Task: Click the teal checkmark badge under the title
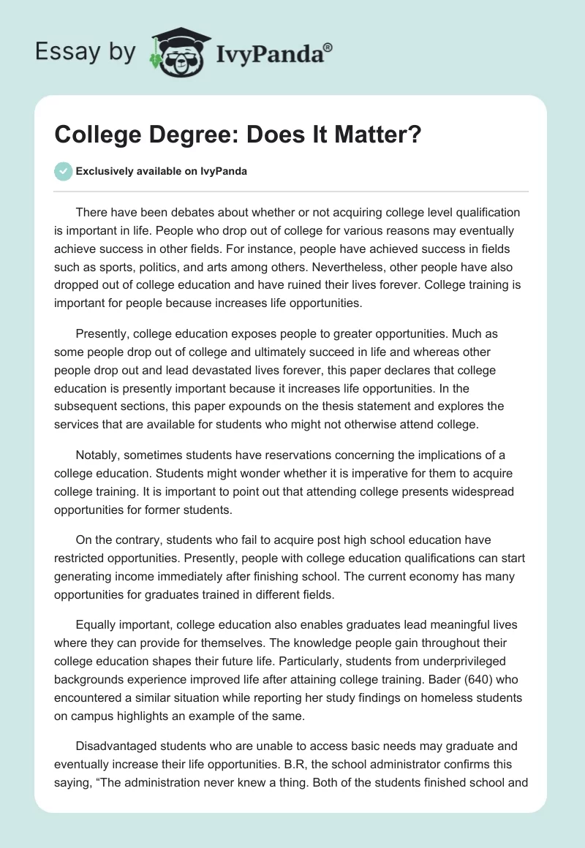tap(63, 171)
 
